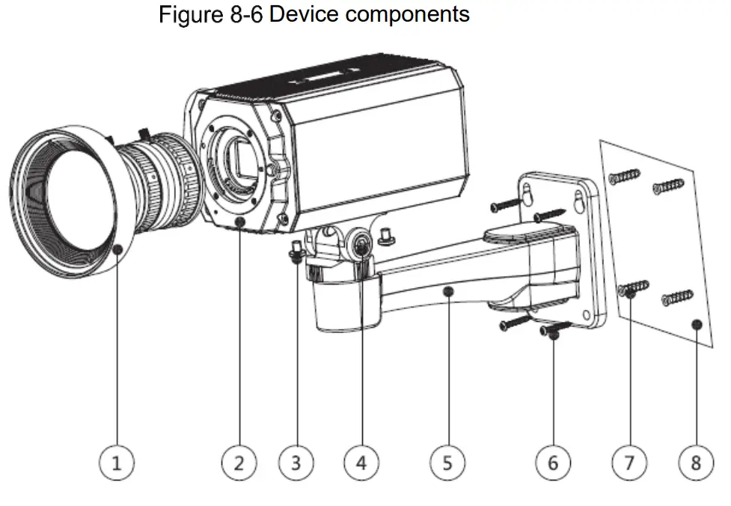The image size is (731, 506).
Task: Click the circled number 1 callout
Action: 116,463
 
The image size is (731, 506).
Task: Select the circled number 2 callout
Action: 239,463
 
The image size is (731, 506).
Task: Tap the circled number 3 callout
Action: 296,463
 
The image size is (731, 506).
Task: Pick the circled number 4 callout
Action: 361,463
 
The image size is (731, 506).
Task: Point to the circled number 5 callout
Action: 447,463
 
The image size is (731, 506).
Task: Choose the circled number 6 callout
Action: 553,463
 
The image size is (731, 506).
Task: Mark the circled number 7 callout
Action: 629,463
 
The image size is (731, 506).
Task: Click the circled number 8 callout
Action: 696,463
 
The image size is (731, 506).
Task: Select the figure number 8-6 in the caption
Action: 239,14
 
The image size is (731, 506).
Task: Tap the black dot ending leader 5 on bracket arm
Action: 447,290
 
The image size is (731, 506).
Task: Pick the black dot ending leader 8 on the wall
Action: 696,324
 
